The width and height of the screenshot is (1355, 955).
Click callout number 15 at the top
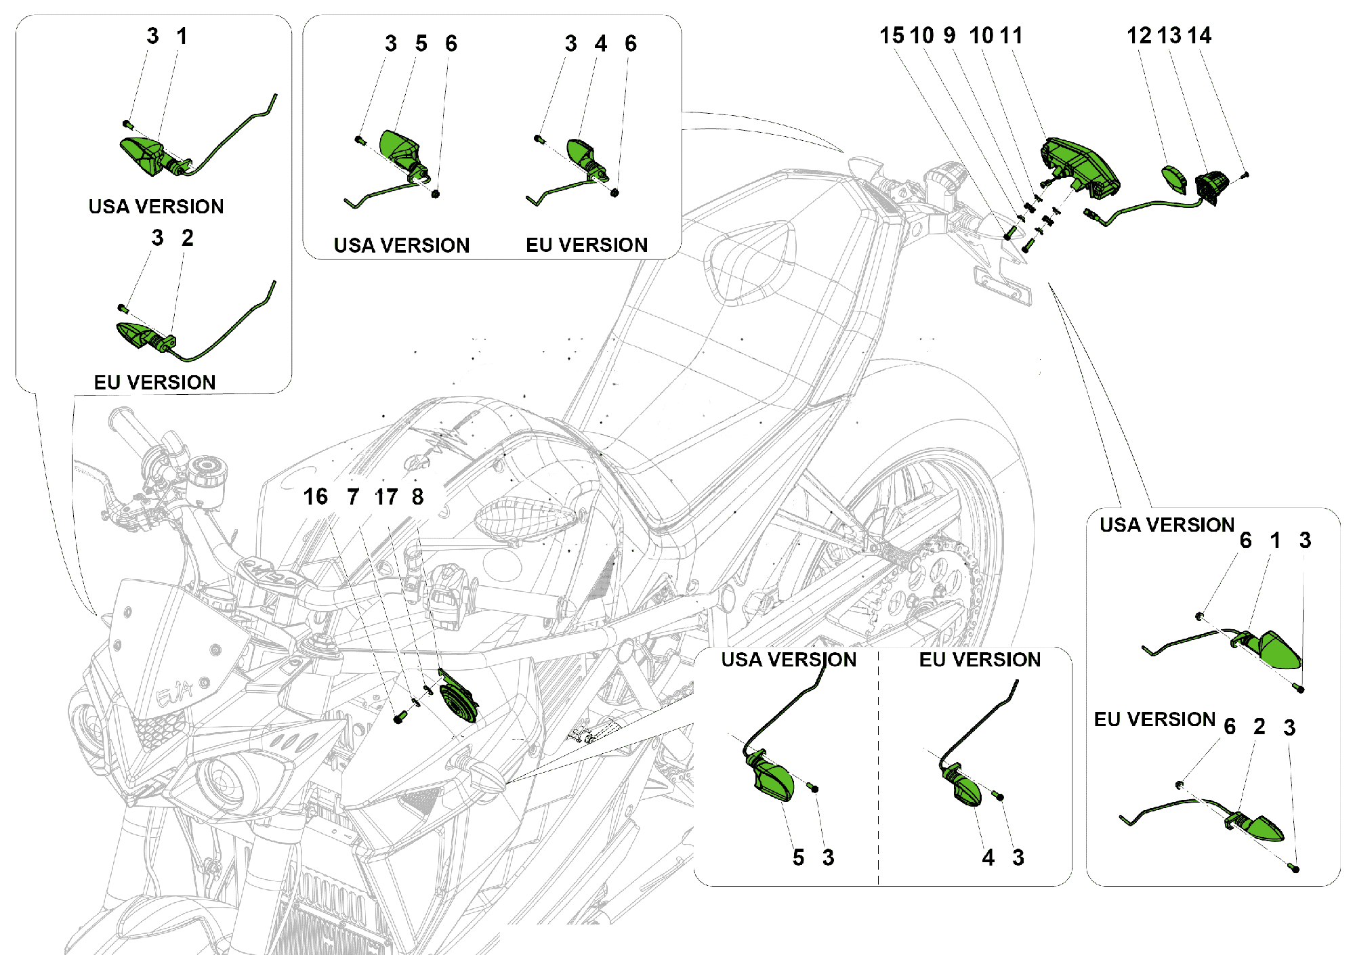(891, 35)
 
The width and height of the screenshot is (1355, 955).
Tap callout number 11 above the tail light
(1011, 35)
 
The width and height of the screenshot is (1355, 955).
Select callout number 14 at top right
(1199, 35)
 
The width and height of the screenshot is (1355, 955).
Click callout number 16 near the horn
(315, 496)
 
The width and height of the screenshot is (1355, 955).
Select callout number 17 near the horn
(386, 496)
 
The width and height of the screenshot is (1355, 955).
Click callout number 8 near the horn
(417, 496)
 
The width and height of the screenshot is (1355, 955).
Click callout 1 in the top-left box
(182, 36)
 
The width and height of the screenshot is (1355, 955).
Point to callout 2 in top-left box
(187, 238)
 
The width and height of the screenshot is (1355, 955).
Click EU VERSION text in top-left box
(154, 382)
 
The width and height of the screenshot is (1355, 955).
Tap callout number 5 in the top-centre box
(421, 43)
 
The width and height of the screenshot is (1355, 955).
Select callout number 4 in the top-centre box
(600, 43)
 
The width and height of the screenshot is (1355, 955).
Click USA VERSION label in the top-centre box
(401, 245)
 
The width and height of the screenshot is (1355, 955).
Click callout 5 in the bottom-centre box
(798, 857)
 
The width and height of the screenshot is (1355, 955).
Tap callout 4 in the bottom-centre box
(988, 857)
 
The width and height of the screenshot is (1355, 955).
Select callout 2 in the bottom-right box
(1259, 727)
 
